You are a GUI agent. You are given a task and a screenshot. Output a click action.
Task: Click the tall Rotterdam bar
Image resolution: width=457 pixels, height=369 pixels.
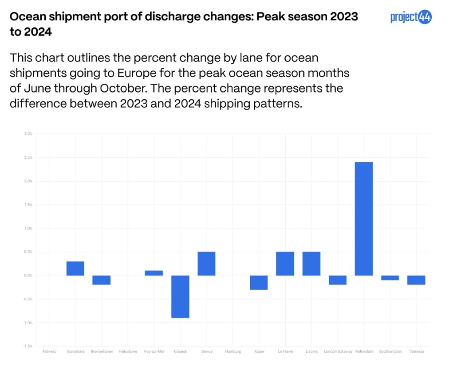point(364,219)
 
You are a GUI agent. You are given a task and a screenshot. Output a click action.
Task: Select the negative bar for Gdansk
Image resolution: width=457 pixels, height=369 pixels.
point(180,296)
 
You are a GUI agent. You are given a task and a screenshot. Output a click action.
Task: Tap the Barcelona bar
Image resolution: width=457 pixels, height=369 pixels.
point(75,268)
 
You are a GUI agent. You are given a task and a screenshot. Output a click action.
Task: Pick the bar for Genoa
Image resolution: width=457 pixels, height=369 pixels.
point(206,264)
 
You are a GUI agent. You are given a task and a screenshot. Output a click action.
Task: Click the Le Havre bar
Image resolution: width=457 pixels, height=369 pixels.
point(285,264)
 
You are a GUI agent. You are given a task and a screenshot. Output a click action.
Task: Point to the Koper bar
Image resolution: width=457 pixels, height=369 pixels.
point(259,283)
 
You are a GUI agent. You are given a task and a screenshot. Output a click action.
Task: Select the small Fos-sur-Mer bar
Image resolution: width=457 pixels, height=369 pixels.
point(154,273)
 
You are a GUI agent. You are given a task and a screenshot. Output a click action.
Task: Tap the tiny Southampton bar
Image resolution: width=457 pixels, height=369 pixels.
point(390,278)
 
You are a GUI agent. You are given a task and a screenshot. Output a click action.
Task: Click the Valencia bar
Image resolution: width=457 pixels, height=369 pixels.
point(417,280)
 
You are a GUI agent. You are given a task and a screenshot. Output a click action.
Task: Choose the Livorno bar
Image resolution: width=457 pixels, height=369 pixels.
point(311,264)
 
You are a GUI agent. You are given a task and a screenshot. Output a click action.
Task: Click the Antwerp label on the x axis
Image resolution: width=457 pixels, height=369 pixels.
point(49,351)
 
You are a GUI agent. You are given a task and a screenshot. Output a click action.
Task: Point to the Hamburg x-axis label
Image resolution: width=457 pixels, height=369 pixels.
point(233,351)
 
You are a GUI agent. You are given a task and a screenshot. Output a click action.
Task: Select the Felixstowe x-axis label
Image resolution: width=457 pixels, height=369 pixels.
point(128,351)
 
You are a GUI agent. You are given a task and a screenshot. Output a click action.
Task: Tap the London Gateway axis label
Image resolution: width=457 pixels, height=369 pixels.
point(338,351)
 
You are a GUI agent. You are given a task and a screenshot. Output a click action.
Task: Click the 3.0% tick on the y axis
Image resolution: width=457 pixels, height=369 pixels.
point(28,133)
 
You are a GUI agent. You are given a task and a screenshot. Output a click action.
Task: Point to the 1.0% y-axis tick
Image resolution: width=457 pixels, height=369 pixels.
point(28,228)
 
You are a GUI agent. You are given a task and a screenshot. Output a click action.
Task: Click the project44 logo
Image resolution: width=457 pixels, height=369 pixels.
point(411,17)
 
